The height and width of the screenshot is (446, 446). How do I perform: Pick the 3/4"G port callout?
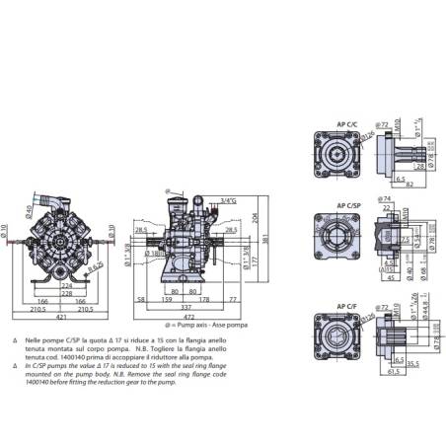[x=229, y=201]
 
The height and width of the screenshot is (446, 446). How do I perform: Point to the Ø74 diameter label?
[x=386, y=198]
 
